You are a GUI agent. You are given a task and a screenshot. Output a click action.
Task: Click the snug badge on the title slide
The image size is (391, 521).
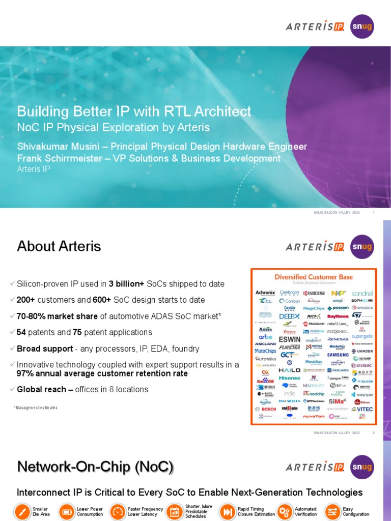click(x=362, y=26)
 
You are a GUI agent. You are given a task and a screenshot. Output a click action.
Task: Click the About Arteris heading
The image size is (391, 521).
click(x=59, y=246)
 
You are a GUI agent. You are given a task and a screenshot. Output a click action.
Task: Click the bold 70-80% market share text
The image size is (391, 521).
click(x=57, y=316)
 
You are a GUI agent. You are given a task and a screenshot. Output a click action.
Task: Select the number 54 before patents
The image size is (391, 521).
click(x=21, y=332)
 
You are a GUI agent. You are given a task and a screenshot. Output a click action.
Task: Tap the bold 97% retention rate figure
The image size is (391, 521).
click(x=102, y=373)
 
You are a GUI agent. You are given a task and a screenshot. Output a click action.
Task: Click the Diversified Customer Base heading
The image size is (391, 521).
click(x=314, y=277)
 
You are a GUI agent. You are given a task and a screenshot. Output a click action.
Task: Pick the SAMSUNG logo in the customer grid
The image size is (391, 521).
click(x=338, y=355)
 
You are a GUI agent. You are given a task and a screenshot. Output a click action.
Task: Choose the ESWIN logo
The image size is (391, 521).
click(x=289, y=339)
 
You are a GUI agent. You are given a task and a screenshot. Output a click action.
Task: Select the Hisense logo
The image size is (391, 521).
click(x=289, y=378)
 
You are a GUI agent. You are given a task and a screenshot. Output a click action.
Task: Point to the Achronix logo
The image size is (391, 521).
click(x=265, y=293)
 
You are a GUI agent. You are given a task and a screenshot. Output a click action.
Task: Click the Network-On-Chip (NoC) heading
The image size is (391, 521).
click(x=95, y=467)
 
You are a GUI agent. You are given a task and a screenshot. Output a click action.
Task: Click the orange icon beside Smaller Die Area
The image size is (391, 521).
click(x=22, y=511)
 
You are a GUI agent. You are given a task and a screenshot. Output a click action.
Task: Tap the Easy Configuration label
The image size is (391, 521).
click(x=355, y=511)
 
